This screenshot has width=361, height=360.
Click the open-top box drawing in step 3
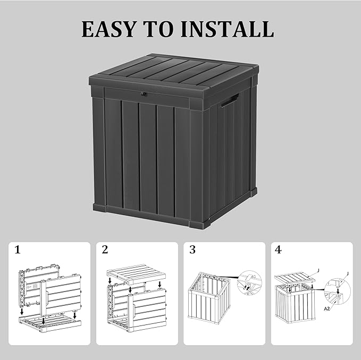(x=210, y=303)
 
